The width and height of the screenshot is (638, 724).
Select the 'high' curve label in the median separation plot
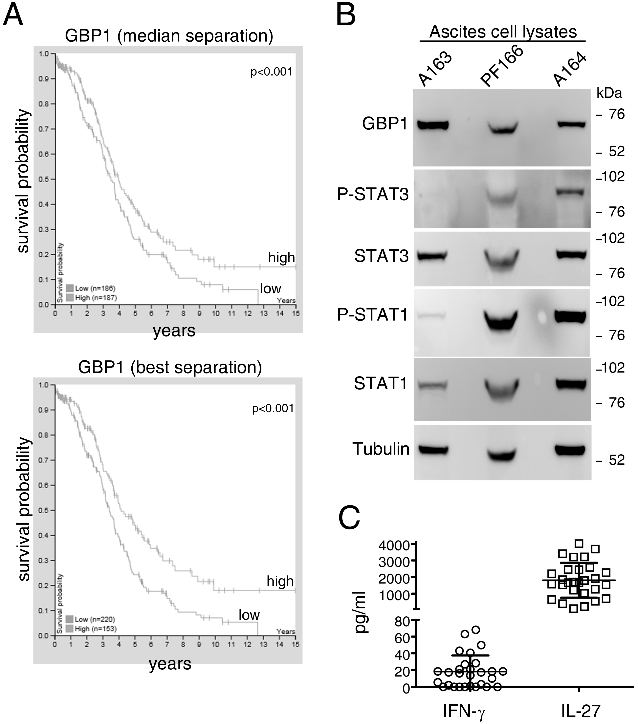281,258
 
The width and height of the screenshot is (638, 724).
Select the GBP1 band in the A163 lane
433,125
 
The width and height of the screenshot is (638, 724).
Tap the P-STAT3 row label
373,194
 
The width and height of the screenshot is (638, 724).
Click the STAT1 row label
381,384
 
